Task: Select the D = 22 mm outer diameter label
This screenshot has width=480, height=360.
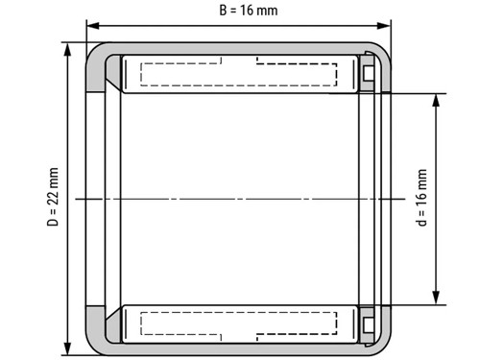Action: pyautogui.click(x=54, y=198)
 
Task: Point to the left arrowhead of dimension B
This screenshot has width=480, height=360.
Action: pyautogui.click(x=91, y=26)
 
